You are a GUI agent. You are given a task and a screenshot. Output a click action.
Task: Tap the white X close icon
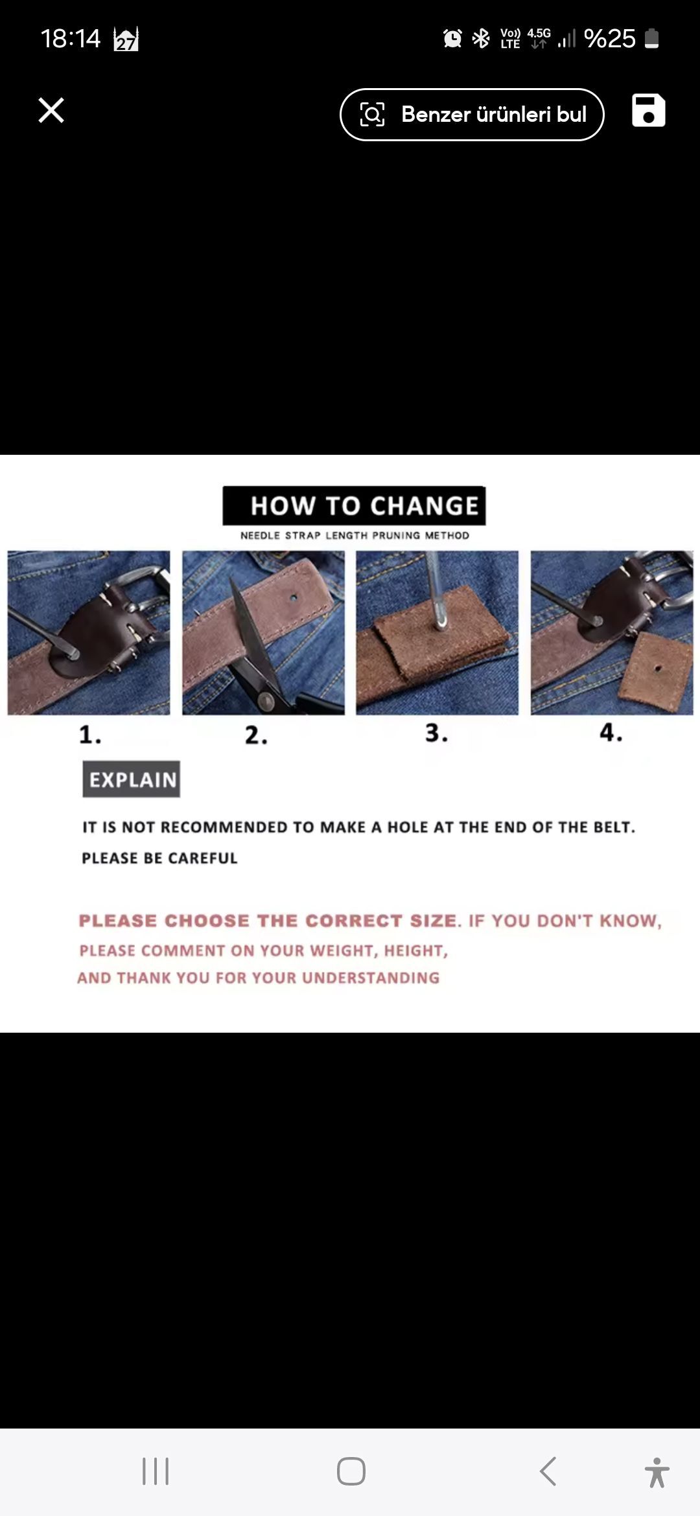[51, 110]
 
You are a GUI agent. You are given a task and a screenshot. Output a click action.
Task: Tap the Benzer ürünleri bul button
[472, 115]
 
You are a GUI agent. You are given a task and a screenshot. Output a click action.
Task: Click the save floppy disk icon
[648, 110]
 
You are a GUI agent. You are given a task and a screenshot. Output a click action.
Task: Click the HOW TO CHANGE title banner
[354, 505]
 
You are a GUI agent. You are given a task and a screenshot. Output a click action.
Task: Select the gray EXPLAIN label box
[132, 779]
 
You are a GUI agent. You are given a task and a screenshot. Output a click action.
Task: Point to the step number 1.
[89, 735]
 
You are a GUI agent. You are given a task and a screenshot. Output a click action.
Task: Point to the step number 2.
[256, 735]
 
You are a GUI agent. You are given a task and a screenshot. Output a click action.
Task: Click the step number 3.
[436, 733]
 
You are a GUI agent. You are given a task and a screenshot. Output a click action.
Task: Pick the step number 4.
[611, 732]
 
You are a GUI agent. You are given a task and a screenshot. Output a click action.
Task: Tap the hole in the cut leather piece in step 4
[657, 668]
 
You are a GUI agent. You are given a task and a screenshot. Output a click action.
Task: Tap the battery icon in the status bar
[652, 38]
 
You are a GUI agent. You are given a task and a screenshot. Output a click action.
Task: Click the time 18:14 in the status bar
[71, 38]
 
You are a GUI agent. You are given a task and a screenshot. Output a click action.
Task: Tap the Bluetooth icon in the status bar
[481, 38]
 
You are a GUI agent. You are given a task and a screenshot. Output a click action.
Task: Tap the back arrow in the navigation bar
[548, 1471]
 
